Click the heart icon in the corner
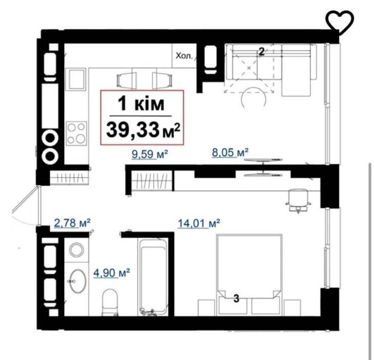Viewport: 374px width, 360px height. click(x=340, y=23)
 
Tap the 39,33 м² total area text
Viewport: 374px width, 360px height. click(x=143, y=130)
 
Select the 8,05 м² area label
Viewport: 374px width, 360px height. click(x=230, y=153)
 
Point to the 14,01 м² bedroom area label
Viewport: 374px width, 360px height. click(x=199, y=223)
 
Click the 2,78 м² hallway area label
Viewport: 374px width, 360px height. click(x=72, y=223)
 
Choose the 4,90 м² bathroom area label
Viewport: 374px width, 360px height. click(x=111, y=273)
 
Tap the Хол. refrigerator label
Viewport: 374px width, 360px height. click(x=184, y=56)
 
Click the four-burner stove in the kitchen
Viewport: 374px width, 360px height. click(x=77, y=133)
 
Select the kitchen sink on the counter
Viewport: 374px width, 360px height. click(x=76, y=79)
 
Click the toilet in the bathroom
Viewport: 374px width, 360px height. click(x=110, y=302)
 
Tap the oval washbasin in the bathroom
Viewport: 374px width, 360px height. click(x=77, y=281)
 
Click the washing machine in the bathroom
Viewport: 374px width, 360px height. click(x=77, y=250)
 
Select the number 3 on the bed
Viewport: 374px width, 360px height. click(x=236, y=298)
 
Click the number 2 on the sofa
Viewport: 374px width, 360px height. click(x=261, y=52)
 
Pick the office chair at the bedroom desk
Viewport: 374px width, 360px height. click(x=298, y=200)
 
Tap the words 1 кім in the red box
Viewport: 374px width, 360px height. click(x=141, y=104)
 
